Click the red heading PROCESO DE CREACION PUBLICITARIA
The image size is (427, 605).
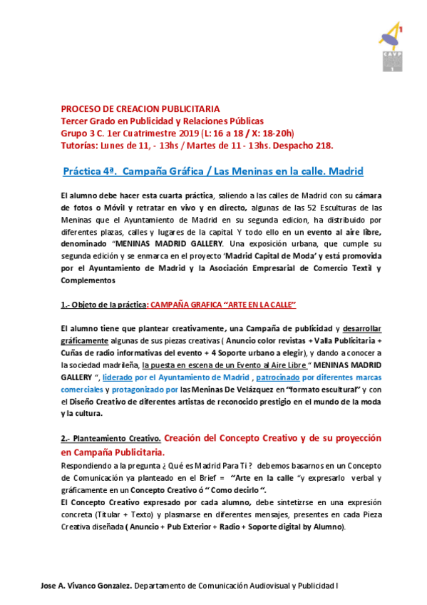pos(140,109)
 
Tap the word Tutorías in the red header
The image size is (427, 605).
pos(78,145)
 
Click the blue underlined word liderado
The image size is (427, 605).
pos(121,377)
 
